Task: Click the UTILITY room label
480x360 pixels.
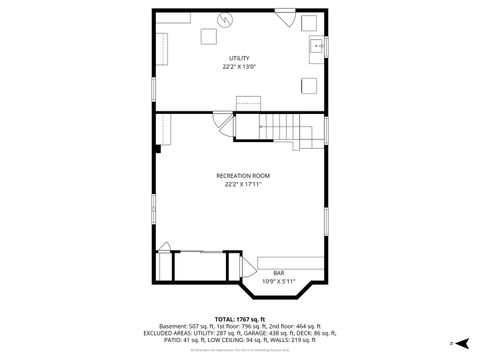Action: pyautogui.click(x=239, y=58)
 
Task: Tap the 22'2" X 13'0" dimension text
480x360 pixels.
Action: pyautogui.click(x=239, y=67)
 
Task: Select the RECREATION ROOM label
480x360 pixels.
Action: pyautogui.click(x=242, y=175)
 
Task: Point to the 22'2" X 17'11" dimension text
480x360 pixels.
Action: pyautogui.click(x=242, y=184)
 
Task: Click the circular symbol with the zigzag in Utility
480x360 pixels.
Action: pyautogui.click(x=226, y=19)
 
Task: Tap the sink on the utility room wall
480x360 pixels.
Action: pyautogui.click(x=316, y=46)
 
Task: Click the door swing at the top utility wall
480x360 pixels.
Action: pyautogui.click(x=285, y=19)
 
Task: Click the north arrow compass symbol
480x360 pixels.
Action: pyautogui.click(x=461, y=342)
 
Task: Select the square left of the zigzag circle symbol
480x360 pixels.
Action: pyautogui.click(x=209, y=36)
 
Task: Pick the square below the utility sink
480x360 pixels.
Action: pyautogui.click(x=311, y=85)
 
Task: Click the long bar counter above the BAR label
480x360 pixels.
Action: pyautogui.click(x=290, y=263)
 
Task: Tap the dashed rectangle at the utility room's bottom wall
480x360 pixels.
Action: pyautogui.click(x=248, y=104)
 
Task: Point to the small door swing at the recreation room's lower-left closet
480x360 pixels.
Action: pyautogui.click(x=165, y=246)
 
